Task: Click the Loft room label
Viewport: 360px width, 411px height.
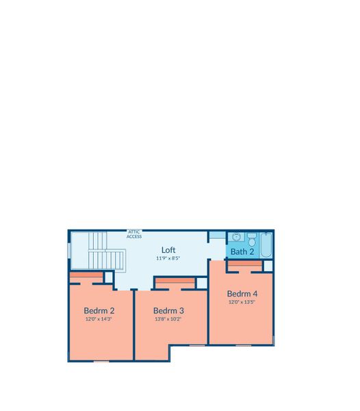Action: click(x=168, y=250)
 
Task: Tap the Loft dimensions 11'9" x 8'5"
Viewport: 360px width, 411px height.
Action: click(x=168, y=258)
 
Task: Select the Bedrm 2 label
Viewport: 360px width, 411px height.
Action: click(x=99, y=310)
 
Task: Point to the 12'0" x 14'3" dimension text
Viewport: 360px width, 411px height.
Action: click(x=99, y=319)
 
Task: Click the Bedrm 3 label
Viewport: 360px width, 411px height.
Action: click(x=168, y=310)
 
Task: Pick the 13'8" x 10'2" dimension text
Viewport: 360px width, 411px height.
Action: click(x=168, y=319)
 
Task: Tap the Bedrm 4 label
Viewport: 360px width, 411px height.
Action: click(x=242, y=294)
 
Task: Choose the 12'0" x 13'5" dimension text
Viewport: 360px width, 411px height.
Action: click(x=242, y=301)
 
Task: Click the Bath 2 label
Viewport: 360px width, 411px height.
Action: click(x=242, y=251)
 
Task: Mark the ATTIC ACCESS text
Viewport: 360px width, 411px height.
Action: click(x=134, y=234)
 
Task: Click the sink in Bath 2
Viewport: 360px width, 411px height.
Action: click(x=236, y=237)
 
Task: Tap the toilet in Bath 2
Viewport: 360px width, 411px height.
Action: click(x=252, y=239)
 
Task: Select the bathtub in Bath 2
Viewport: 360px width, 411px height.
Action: click(x=266, y=245)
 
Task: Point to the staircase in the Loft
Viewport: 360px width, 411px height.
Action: click(x=106, y=251)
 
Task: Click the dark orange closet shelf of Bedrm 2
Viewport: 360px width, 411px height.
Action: click(x=86, y=275)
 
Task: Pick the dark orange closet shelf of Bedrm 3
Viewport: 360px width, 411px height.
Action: click(x=175, y=281)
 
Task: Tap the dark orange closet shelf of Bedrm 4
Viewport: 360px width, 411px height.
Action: click(x=245, y=264)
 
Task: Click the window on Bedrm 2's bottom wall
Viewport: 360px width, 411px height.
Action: click(x=101, y=362)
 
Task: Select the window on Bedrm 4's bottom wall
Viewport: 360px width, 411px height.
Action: click(x=244, y=345)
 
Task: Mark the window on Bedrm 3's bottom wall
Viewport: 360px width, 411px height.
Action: click(x=197, y=345)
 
